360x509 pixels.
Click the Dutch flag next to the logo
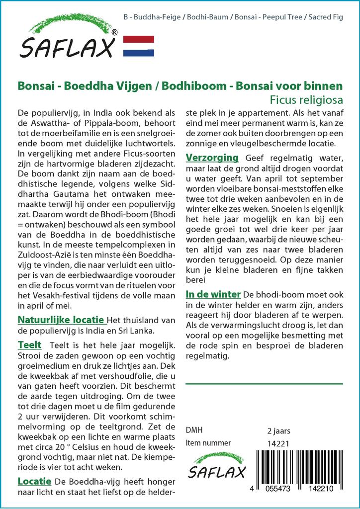coord(138,46)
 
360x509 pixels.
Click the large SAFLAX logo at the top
coord(68,40)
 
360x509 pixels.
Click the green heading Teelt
coord(29,344)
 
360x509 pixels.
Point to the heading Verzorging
coord(212,158)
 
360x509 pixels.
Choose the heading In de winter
coord(213,294)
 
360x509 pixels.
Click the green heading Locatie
coord(34,481)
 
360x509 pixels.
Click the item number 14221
coord(278,443)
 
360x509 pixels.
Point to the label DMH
coord(194,430)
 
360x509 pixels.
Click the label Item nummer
coord(208,443)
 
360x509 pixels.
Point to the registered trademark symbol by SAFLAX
coord(115,33)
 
